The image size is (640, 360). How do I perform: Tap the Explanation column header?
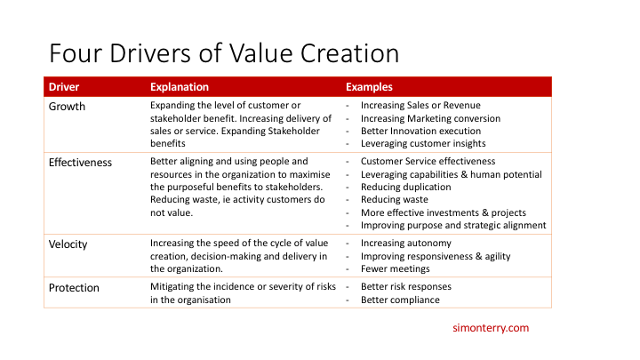point(180,87)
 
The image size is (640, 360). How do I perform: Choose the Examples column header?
point(369,87)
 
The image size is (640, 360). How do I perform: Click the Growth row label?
point(68,106)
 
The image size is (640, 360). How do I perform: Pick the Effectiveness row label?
point(81,162)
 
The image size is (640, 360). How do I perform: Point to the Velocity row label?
point(69,243)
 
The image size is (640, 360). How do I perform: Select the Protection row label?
point(74,288)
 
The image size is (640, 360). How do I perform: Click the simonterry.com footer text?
point(491,328)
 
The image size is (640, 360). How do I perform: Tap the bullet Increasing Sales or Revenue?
point(420,106)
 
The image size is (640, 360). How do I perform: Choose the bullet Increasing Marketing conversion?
point(430,118)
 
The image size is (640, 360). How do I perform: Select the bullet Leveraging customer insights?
point(423,143)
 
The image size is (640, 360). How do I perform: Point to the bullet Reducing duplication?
point(406,188)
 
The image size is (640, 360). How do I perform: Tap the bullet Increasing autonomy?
point(406,243)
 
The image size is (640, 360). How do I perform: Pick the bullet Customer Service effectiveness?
point(428,162)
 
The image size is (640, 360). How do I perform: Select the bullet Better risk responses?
point(406,287)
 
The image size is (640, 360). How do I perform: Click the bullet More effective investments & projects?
point(444,212)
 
